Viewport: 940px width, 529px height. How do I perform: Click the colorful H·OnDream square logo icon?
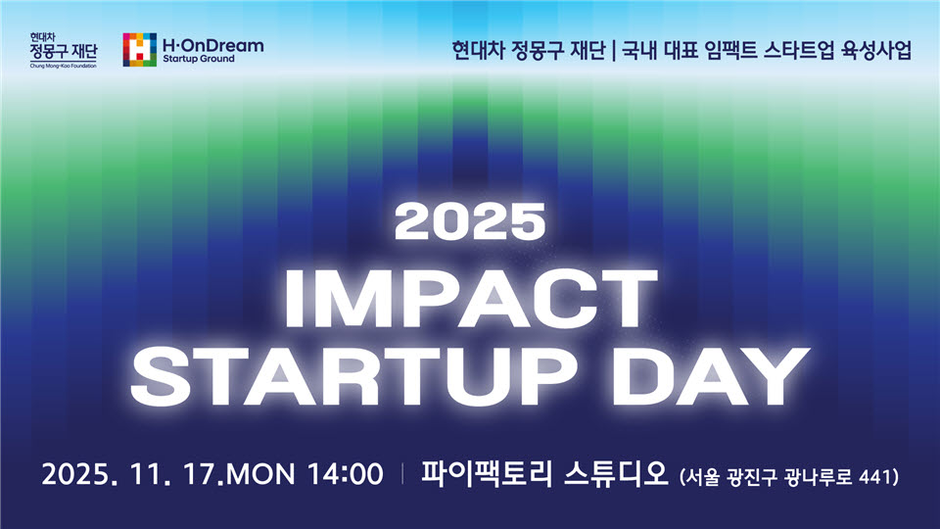coord(140,49)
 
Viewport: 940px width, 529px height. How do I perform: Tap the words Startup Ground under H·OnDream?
coord(199,59)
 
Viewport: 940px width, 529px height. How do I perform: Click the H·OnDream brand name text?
coord(212,45)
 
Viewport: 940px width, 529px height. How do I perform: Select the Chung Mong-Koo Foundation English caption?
coord(63,66)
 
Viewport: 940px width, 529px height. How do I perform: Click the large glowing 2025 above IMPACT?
coord(470,221)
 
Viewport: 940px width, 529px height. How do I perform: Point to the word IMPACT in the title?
coord(471,298)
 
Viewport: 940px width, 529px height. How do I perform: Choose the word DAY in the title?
coord(711,376)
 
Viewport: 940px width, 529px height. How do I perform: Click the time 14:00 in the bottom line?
coord(346,474)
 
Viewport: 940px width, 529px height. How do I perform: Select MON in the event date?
coord(260,474)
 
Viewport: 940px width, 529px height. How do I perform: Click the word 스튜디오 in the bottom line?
coord(616,473)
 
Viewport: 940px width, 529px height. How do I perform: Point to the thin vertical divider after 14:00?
coord(402,473)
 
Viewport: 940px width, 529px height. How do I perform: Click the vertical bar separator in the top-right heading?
coord(614,50)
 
